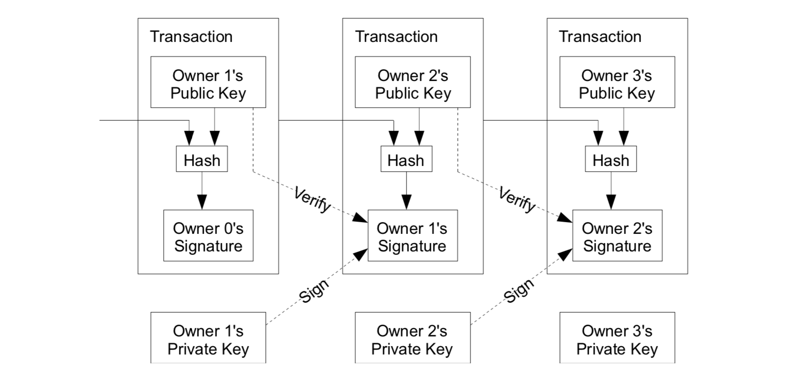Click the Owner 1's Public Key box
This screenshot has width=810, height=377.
pos(208,82)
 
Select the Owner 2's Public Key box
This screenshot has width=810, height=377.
pos(413,82)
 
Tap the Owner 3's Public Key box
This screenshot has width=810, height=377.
pos(617,82)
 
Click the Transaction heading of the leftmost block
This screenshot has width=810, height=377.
pos(191,37)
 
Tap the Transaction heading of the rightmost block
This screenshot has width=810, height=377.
pos(600,37)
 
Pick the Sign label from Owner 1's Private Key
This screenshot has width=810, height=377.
pos(314,291)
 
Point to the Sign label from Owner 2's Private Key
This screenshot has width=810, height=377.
pos(518,291)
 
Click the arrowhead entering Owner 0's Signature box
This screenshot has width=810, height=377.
pos(202,202)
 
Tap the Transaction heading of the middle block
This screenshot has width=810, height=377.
pos(396,37)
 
